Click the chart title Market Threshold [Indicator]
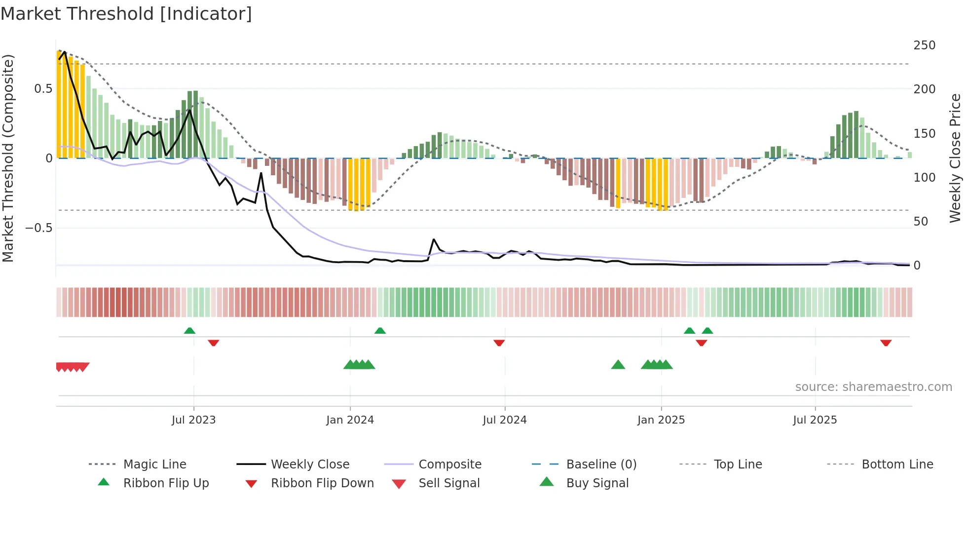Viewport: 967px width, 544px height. pos(126,14)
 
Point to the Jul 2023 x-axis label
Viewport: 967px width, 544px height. pos(193,420)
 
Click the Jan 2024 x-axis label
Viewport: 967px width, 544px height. pos(350,420)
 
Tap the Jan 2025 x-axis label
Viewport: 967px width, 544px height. pos(661,420)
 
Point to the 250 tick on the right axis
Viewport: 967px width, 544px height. pos(924,45)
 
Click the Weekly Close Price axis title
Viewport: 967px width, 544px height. pos(955,158)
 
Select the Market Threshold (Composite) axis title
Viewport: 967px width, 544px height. pos(8,158)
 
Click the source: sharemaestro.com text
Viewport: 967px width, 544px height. pos(873,387)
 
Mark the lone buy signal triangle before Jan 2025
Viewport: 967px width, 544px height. pos(618,365)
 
